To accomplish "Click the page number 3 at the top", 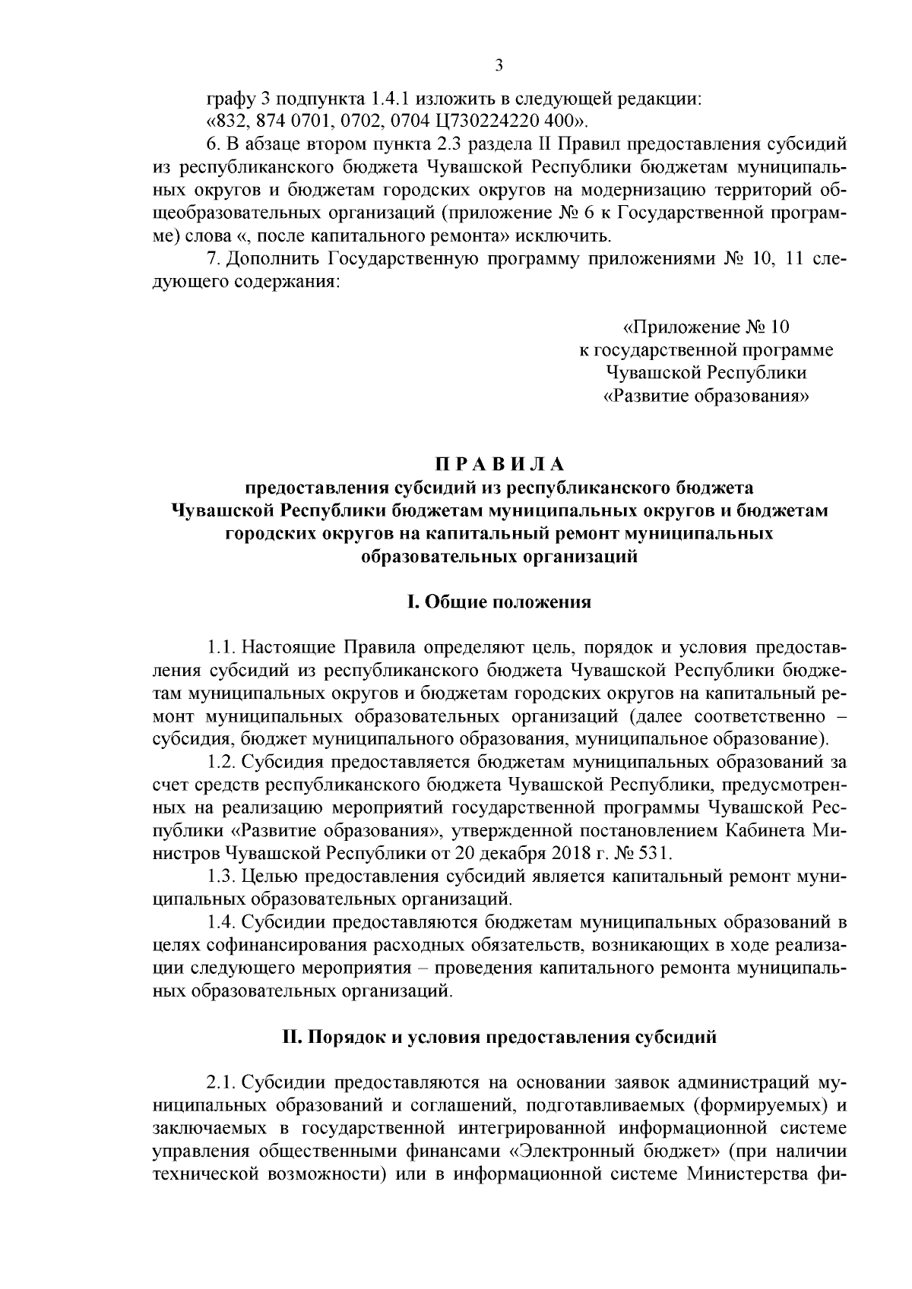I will [499, 66].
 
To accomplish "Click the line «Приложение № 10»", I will [707, 327].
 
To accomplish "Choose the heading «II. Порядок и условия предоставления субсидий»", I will [499, 1037].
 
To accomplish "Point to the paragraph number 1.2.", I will [220, 761].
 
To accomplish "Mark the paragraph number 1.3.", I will [220, 876].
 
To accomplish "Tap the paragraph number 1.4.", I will [220, 922].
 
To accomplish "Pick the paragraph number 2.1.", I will [220, 1082].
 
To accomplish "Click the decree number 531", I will [651, 852].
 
